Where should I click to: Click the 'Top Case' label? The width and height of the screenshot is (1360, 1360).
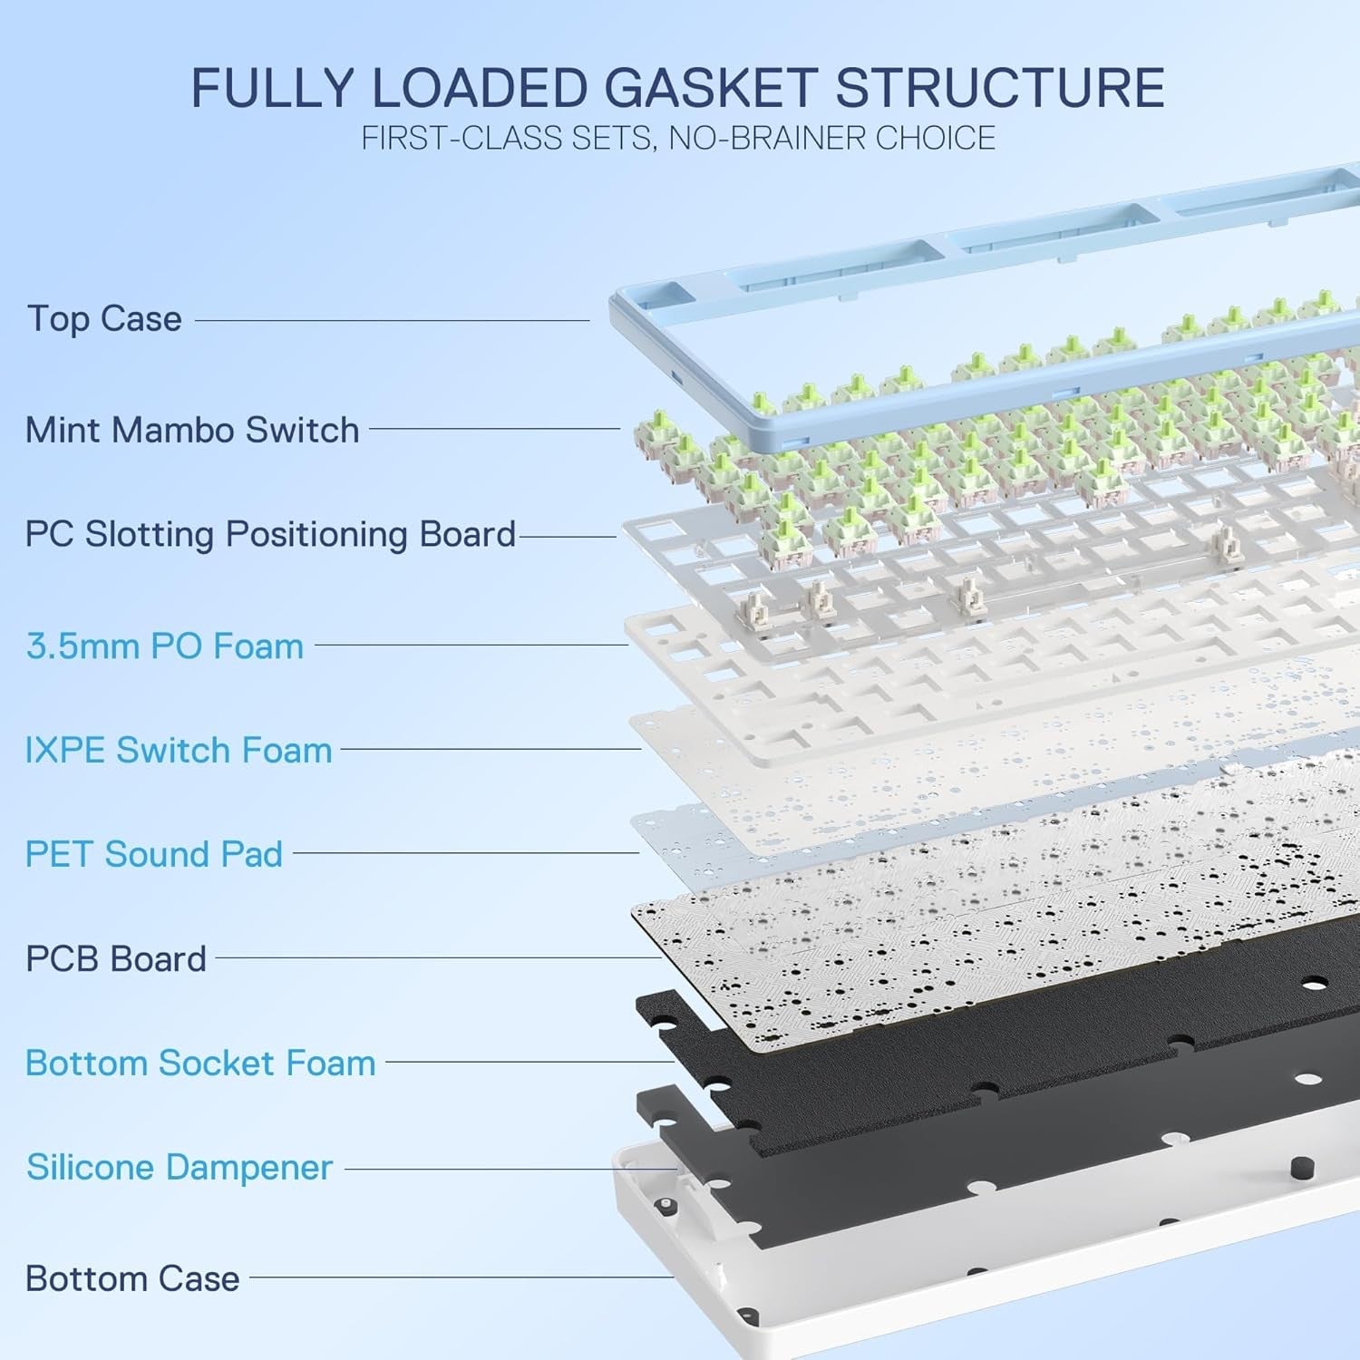[104, 319]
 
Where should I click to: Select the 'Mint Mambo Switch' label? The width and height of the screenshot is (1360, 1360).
[192, 430]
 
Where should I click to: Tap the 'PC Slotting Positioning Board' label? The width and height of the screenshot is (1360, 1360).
[270, 534]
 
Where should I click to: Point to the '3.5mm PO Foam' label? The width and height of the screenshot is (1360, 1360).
[165, 646]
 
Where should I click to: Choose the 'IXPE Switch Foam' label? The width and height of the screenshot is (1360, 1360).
[179, 751]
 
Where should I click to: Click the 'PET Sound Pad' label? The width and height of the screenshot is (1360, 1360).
[154, 854]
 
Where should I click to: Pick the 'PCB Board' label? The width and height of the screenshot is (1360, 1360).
[116, 958]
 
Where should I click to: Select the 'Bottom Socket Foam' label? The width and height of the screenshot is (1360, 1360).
[200, 1063]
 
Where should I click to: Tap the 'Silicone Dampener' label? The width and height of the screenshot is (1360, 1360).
[180, 1167]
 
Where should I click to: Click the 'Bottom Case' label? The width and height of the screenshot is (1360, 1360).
[132, 1278]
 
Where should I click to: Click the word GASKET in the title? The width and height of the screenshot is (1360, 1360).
[710, 88]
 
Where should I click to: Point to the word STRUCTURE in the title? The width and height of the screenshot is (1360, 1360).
[999, 88]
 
